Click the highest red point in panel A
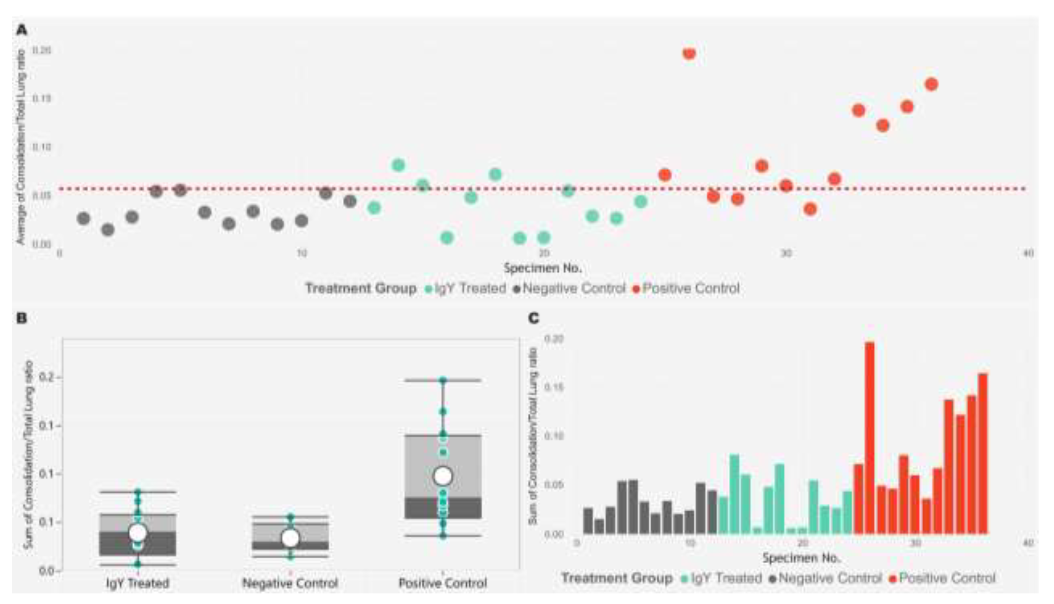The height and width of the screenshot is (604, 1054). click(689, 53)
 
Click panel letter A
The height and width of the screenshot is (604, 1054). click(22, 30)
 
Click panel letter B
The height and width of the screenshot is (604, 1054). click(22, 318)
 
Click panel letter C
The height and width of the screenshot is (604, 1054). click(534, 318)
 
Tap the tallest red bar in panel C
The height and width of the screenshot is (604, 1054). click(870, 438)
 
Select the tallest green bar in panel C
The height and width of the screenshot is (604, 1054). click(735, 494)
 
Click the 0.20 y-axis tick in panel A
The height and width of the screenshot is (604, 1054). click(41, 50)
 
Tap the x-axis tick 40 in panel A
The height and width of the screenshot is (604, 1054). click(1028, 253)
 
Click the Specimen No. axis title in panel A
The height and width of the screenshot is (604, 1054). click(543, 268)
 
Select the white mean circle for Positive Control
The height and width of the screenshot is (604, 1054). click(443, 476)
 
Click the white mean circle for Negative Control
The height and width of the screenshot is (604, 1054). click(291, 538)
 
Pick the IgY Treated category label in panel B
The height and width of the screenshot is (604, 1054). click(138, 583)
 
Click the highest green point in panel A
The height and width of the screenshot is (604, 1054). click(398, 165)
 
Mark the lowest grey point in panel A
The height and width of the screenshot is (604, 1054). click(108, 229)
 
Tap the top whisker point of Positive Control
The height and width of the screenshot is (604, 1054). click(443, 380)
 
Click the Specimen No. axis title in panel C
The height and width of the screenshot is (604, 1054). click(801, 558)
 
